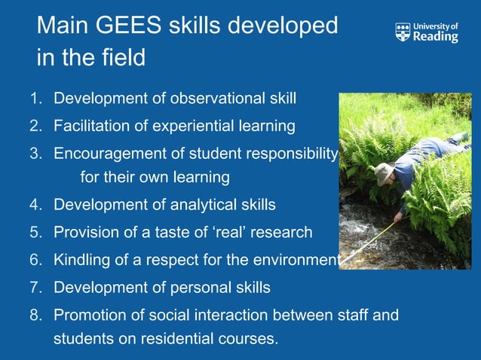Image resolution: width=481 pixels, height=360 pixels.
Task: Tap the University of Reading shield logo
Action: pyautogui.click(x=403, y=32)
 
